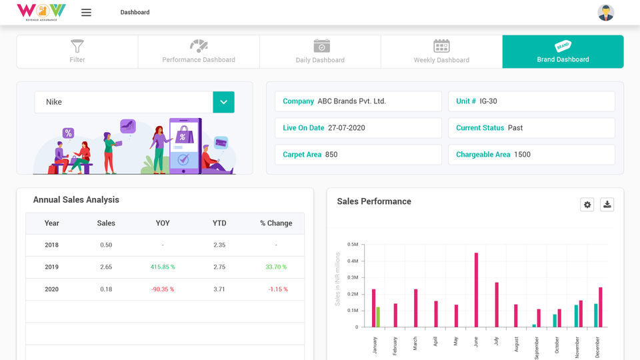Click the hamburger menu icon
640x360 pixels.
(86, 13)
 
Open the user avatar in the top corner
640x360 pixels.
(606, 13)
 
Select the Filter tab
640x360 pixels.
(77, 51)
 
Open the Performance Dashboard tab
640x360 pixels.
(199, 51)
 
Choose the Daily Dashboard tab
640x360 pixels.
(320, 51)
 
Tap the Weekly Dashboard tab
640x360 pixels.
(441, 51)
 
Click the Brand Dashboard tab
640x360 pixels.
(563, 51)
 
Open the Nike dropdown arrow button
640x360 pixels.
(223, 102)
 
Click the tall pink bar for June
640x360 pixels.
(476, 290)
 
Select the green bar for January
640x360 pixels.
(378, 317)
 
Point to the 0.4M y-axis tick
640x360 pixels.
(353, 261)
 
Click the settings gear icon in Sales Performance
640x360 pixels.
(587, 205)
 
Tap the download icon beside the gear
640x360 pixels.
(607, 205)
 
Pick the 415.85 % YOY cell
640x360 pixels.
(163, 267)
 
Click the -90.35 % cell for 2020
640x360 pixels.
(163, 289)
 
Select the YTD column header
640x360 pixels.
(219, 223)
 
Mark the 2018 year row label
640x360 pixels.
(52, 245)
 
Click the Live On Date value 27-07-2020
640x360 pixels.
(346, 128)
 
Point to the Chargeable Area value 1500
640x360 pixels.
(522, 155)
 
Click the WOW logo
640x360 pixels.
(41, 11)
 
